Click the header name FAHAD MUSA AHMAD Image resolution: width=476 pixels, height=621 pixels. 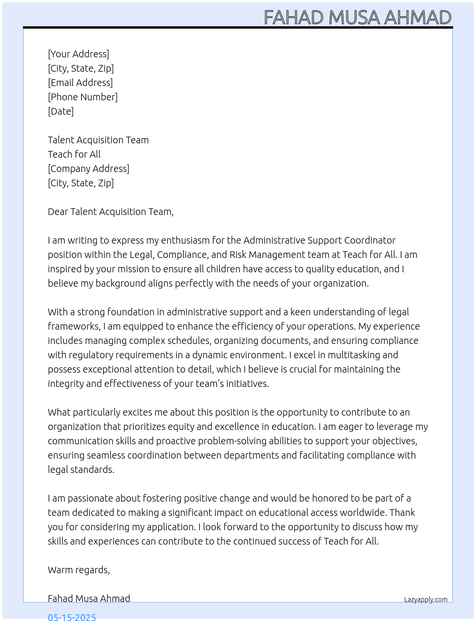click(x=357, y=18)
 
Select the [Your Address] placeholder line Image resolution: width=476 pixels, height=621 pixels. click(x=78, y=54)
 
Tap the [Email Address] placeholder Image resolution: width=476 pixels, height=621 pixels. click(x=80, y=83)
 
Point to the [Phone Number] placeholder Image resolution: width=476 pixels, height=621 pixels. click(x=83, y=97)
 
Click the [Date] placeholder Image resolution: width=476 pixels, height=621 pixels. click(x=61, y=111)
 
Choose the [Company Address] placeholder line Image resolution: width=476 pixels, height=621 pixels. click(x=88, y=169)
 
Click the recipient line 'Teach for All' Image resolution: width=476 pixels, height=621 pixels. click(x=74, y=154)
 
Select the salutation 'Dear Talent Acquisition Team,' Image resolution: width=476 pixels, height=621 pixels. click(x=110, y=212)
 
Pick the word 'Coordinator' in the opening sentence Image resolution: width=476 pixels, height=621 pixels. click(x=370, y=240)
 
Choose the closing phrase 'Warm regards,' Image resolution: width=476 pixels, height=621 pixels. click(x=79, y=570)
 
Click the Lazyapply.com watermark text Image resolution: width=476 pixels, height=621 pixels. click(x=426, y=600)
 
